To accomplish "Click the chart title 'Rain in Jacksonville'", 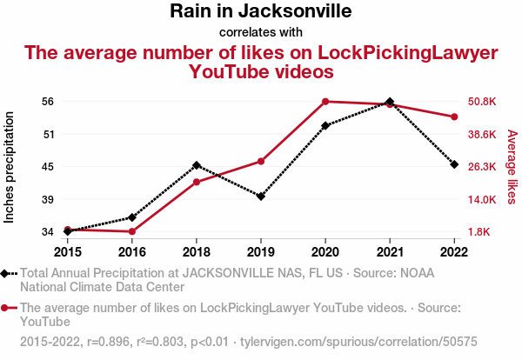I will tap(261, 12).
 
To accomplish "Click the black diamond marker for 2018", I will tap(197, 165).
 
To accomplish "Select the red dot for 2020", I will tap(325, 102).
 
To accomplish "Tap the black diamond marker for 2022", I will tap(454, 164).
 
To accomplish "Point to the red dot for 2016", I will tap(132, 231).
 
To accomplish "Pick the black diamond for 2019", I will tap(261, 197).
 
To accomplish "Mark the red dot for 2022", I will tap(454, 117).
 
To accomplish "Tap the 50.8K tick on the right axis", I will tap(483, 102).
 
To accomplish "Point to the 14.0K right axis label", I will tap(483, 199).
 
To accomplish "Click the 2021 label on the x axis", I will tap(390, 252).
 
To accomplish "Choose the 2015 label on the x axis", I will tap(68, 252).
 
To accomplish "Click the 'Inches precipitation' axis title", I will tap(10, 167).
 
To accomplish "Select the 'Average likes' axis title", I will tap(512, 167).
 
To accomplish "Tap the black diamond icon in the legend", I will tap(6, 273).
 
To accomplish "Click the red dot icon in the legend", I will tap(6, 308).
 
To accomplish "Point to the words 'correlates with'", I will tap(261, 33).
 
